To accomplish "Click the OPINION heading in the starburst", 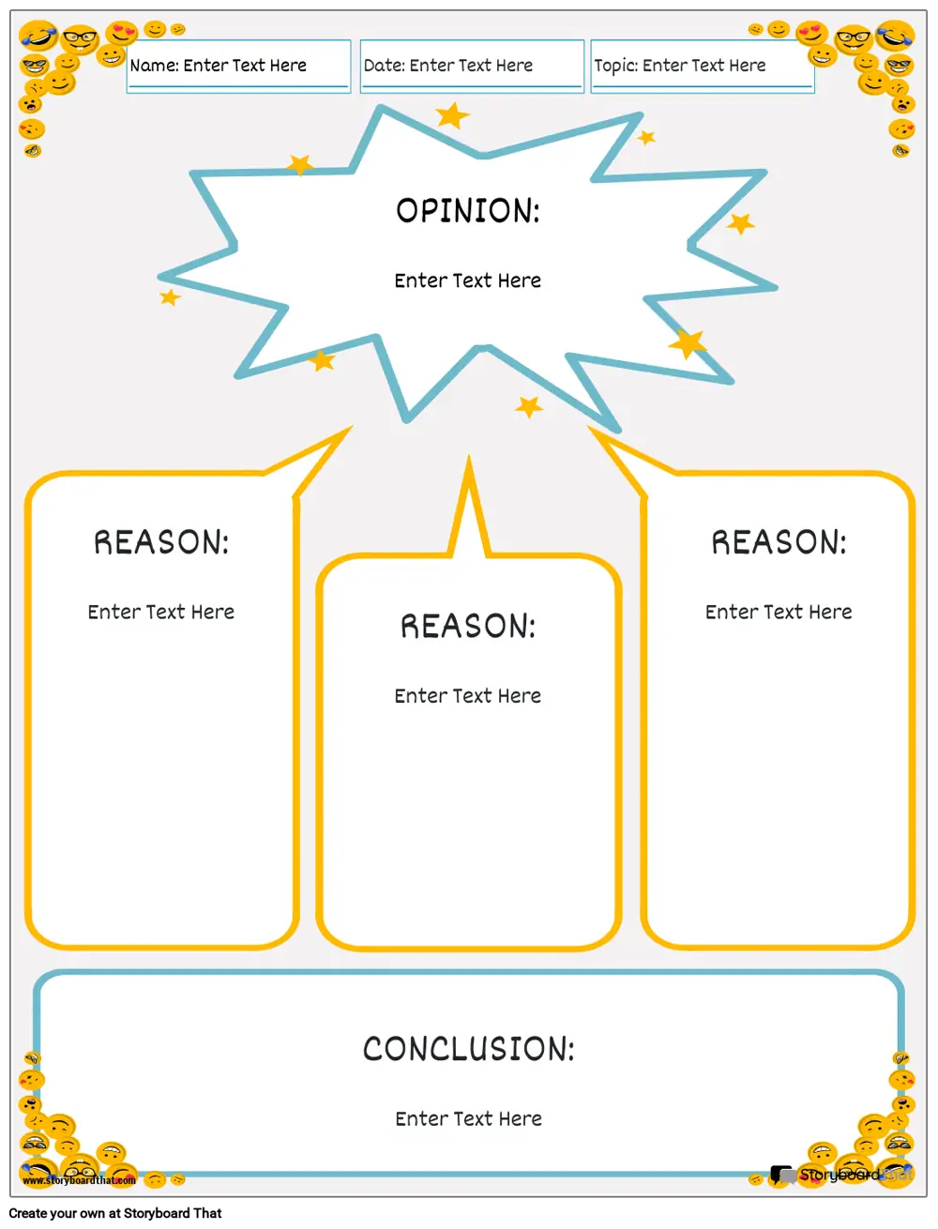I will pos(467,210).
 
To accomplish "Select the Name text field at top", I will pos(238,66).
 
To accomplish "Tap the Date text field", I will pos(472,66).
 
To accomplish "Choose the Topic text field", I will pos(702,66).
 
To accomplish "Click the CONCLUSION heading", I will pos(468,1049).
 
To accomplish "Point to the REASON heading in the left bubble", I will pos(161,542).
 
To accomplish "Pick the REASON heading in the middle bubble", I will pos(468,626).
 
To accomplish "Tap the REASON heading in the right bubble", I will pos(779,542).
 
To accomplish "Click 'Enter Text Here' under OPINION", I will pos(467,281).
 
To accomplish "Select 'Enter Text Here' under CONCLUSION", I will pos(468,1118).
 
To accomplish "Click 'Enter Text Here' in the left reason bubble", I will pos(161,612).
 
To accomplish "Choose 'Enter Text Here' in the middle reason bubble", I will pos(467,696).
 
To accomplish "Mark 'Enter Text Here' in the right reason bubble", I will pos(779,612).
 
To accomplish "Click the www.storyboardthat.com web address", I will pos(79,1180).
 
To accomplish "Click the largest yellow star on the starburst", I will pos(688,343).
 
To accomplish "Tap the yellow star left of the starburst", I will pos(170,297).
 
